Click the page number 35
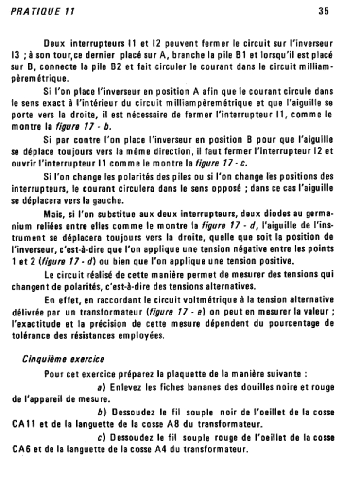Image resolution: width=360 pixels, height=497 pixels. click(x=324, y=11)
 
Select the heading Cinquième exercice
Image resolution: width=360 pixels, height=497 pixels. click(x=63, y=359)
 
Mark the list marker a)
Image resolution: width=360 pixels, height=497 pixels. click(x=102, y=387)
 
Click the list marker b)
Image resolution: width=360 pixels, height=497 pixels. click(x=102, y=412)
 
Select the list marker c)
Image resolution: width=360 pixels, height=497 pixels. click(x=102, y=437)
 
